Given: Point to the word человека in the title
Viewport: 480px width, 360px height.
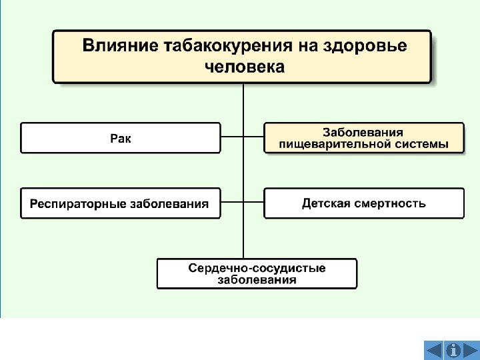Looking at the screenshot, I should tap(243, 67).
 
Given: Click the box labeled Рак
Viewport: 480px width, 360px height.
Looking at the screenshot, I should tap(121, 138).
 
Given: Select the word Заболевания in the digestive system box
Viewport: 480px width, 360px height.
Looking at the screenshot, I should tap(363, 133).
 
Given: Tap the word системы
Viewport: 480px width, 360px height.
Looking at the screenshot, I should tap(421, 144).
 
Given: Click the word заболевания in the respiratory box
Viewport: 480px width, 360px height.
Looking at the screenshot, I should tap(169, 204).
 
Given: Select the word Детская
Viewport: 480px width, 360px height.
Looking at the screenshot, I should tap(326, 203).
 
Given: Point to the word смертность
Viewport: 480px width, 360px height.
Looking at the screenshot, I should tap(389, 203).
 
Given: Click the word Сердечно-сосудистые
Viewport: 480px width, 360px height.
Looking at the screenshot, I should tap(257, 268).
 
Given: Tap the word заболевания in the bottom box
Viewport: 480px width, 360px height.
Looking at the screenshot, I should tap(257, 280).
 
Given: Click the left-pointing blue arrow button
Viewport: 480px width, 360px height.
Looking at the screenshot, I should tap(433, 349).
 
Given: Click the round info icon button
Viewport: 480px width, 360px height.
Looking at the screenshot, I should tap(453, 349).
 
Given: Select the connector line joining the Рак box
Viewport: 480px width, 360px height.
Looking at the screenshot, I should tap(231, 138).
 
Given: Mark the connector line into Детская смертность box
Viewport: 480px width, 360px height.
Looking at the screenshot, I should tap(254, 203).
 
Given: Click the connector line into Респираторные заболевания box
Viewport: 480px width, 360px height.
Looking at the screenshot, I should tap(231, 203).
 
